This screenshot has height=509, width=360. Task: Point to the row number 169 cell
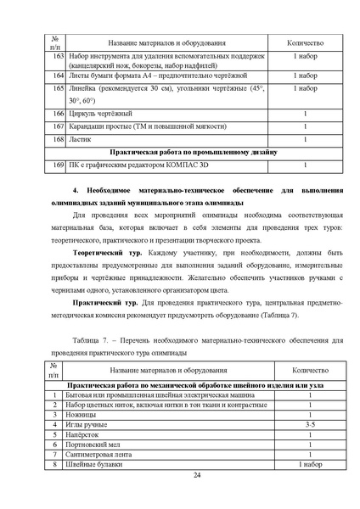click(x=56, y=165)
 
